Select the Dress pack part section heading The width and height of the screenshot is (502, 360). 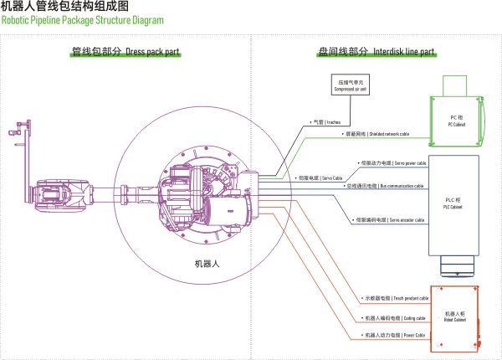point(125,52)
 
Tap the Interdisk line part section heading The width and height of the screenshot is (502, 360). point(376,52)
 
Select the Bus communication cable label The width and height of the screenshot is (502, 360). point(384,186)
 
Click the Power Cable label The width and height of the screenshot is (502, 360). point(393,335)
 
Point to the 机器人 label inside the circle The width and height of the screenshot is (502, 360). point(206,264)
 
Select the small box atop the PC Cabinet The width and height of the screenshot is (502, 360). point(455,85)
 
